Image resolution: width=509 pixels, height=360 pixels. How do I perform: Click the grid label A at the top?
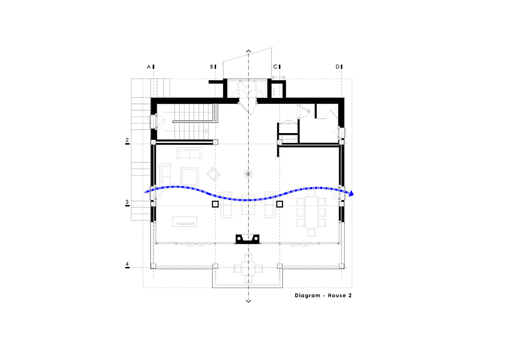point(148,67)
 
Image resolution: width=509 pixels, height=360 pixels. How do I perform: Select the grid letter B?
point(212,67)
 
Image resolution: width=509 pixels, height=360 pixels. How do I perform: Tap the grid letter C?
point(275,67)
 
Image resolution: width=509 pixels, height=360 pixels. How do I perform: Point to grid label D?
point(338,67)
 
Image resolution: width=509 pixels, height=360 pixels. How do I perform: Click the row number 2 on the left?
point(127,140)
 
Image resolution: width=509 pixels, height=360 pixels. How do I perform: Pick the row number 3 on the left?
point(127,202)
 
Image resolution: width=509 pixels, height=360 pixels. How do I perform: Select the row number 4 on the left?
point(127,265)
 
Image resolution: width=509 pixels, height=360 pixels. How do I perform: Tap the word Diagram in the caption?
point(308,296)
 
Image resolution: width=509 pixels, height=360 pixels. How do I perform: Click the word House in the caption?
point(336,296)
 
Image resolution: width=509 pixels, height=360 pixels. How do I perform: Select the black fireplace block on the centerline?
point(247,239)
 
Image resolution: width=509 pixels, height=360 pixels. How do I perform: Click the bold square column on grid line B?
point(215,204)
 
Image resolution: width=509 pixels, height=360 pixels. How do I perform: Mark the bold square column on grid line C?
point(280,204)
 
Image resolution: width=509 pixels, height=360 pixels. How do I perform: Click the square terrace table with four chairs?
point(248,268)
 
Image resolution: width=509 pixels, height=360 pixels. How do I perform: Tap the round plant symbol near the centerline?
point(248,173)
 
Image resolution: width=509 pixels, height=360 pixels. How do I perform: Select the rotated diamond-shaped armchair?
point(213,173)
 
